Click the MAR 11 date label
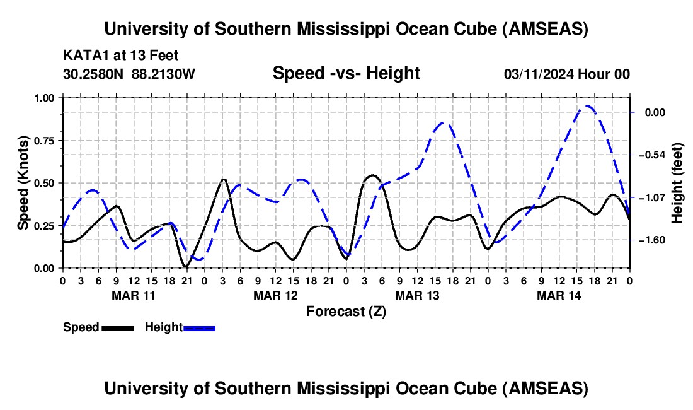134,295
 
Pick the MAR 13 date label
417,295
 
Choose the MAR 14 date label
559,295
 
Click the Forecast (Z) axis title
346,311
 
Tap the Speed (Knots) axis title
23,182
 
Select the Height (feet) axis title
677,183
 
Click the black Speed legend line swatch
117,328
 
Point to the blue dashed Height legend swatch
199,328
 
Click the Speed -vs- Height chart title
346,73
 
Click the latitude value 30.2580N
94,74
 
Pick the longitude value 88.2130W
164,74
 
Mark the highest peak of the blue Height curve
587,106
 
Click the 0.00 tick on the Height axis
655,112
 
